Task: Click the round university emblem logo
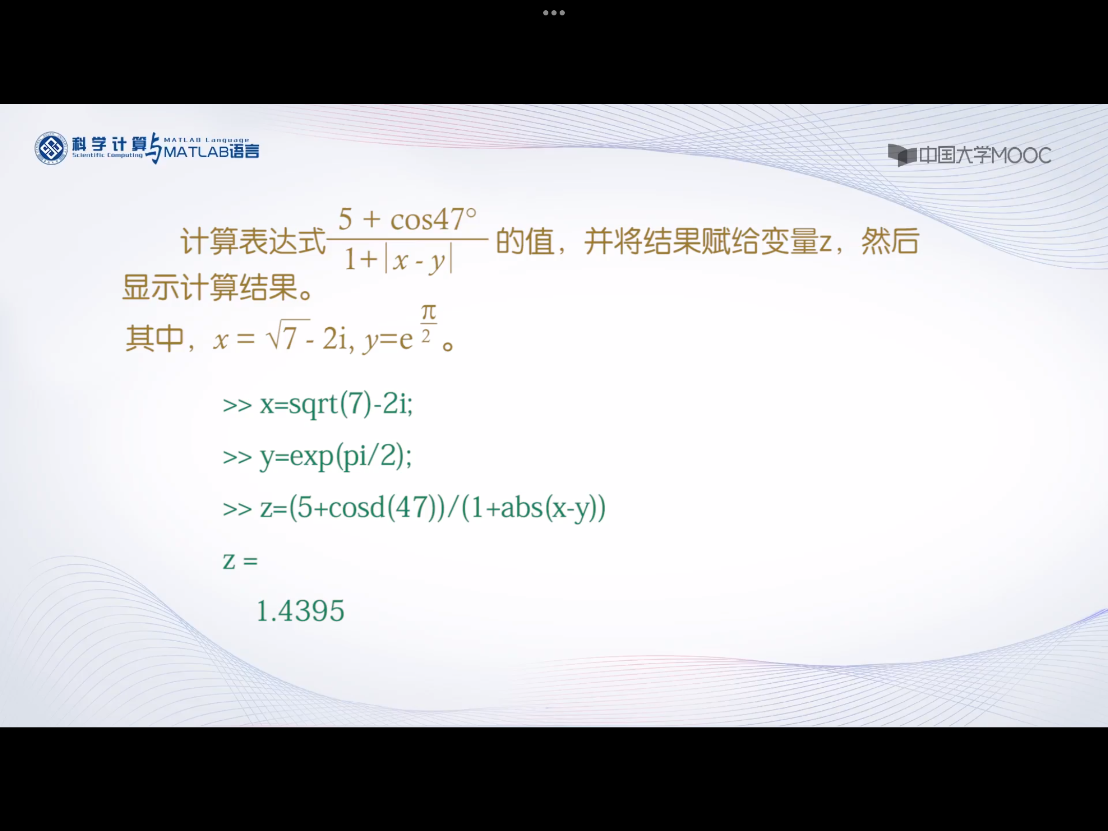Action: [51, 149]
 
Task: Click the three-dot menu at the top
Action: [554, 13]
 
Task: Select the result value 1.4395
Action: [300, 611]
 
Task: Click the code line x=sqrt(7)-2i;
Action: [336, 404]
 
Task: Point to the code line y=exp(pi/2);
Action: [335, 456]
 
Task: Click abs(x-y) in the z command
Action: [548, 508]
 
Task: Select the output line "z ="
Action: [240, 560]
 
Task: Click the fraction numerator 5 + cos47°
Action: [407, 220]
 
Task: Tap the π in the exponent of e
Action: [429, 312]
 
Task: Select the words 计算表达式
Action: [253, 242]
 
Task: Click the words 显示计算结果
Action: [211, 287]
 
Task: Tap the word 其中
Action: [155, 339]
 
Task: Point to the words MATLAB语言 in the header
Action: [211, 151]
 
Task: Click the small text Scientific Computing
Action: [107, 155]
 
